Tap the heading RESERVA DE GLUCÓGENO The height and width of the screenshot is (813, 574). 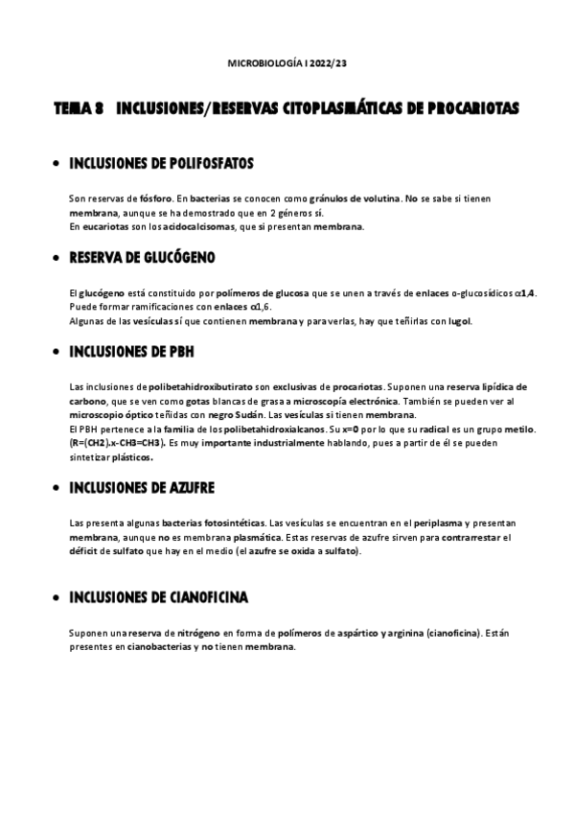(143, 257)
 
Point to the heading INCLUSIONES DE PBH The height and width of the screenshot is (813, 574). (131, 351)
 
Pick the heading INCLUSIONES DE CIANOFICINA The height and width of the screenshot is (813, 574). (159, 597)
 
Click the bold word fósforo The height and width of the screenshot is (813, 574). (142, 197)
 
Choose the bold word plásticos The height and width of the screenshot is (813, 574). (131, 457)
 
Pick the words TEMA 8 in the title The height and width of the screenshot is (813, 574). (79, 110)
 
